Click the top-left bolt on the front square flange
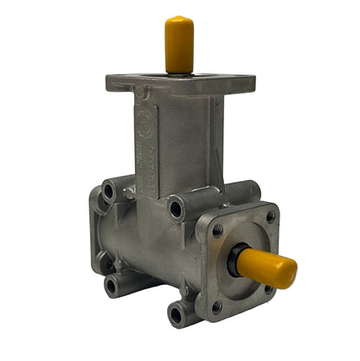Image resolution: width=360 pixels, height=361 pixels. [217, 229]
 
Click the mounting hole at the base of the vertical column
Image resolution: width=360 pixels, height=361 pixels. [176, 208]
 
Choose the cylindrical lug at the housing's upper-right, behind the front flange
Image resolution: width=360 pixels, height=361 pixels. [243, 192]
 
